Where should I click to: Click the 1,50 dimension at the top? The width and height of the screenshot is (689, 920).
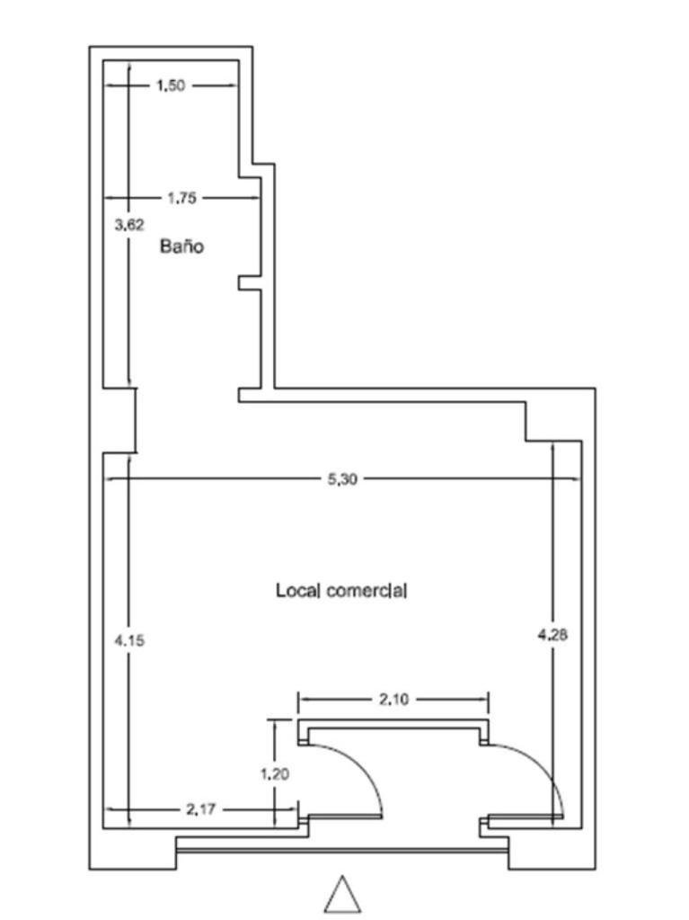(171, 85)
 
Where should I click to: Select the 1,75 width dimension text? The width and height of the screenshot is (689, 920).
(181, 199)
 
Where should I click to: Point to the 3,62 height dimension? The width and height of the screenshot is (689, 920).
(128, 225)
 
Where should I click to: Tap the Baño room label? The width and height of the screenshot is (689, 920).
(181, 246)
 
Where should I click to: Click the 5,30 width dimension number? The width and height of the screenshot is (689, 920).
(342, 479)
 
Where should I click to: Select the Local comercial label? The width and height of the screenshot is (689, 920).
(341, 590)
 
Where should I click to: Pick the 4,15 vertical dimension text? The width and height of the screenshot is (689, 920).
(128, 640)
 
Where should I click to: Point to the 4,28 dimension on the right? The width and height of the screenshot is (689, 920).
(552, 634)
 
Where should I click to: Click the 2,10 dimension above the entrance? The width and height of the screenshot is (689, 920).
(393, 700)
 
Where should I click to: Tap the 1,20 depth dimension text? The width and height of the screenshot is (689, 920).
(275, 774)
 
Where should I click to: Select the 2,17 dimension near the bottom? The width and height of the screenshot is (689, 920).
(201, 809)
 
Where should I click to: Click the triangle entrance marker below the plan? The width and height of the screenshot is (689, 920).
(343, 896)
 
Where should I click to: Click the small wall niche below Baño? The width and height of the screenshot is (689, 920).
(250, 282)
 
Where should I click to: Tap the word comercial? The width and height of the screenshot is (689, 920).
(367, 590)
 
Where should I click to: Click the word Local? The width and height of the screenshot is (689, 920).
(298, 590)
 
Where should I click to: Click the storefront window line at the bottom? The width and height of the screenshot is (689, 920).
(342, 849)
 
